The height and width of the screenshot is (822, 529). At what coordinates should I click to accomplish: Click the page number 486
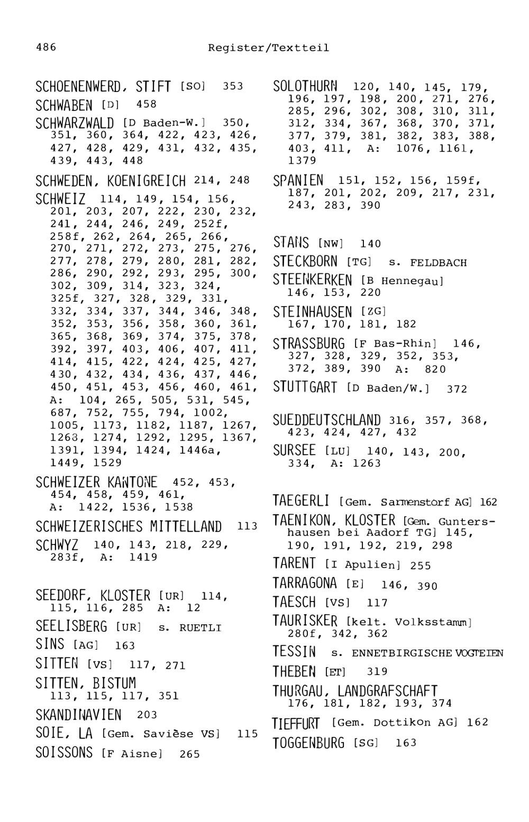(x=46, y=48)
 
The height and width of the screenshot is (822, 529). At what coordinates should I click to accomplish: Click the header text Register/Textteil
(x=268, y=48)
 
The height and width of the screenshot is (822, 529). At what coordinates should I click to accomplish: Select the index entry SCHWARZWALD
(x=75, y=124)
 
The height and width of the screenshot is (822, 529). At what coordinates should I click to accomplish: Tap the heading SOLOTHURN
(x=305, y=86)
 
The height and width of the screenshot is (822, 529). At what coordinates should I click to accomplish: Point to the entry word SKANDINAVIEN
(x=78, y=715)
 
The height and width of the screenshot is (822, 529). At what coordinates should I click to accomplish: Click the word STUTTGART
(x=305, y=388)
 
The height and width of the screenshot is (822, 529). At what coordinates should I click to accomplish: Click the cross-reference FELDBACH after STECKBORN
(x=438, y=263)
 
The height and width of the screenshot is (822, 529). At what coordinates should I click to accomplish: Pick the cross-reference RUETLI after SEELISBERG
(x=200, y=629)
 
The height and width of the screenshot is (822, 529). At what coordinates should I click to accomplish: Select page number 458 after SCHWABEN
(x=147, y=105)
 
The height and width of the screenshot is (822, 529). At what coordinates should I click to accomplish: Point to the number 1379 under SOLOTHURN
(x=302, y=160)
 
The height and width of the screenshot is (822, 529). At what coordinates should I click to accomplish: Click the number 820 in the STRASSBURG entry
(x=435, y=370)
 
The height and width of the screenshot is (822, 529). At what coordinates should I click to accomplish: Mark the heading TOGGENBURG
(x=308, y=743)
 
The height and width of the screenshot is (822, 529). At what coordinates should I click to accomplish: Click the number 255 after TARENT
(x=421, y=566)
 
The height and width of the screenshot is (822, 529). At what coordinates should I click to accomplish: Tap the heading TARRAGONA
(x=305, y=584)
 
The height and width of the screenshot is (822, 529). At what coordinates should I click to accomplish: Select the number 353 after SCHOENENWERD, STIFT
(x=233, y=86)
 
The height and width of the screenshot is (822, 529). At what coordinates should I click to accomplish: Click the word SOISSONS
(x=64, y=753)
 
